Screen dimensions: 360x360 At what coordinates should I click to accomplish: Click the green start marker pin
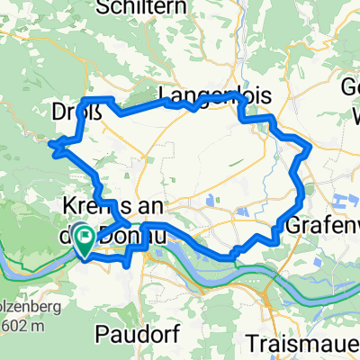(x=85, y=240)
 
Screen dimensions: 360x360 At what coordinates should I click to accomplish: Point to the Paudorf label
(x=135, y=335)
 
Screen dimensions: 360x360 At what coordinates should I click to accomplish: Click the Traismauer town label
(x=301, y=344)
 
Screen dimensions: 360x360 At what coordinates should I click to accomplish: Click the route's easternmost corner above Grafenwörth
(x=311, y=147)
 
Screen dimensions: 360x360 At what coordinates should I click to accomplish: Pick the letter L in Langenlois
(x=164, y=94)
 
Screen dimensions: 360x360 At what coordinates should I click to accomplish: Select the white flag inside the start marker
(x=85, y=237)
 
